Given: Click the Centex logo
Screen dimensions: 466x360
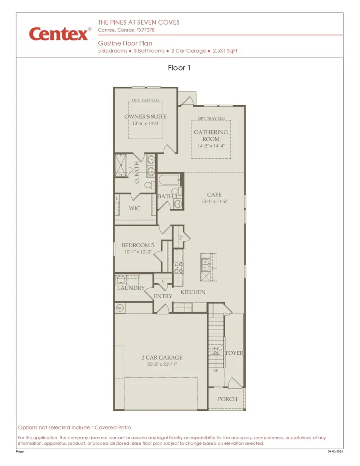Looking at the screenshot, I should (x=59, y=34).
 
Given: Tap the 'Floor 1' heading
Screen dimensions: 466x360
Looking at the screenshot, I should (x=179, y=68).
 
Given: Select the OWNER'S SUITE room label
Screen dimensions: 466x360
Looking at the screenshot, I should (x=145, y=117).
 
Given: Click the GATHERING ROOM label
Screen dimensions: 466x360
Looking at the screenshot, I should (x=211, y=136).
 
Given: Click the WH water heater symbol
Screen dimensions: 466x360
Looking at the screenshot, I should (x=120, y=308).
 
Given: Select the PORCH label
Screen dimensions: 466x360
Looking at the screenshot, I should (x=227, y=399).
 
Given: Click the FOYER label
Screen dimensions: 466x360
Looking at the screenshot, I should (x=234, y=353).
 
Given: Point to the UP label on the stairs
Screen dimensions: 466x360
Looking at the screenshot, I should (x=216, y=370).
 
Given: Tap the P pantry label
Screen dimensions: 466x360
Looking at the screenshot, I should (x=180, y=237).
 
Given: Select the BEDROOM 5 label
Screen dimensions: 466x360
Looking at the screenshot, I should (x=138, y=245).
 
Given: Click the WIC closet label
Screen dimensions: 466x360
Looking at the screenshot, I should (x=134, y=208).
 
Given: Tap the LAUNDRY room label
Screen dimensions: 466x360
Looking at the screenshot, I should (x=130, y=288).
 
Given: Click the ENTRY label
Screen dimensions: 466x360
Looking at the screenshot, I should (x=163, y=296).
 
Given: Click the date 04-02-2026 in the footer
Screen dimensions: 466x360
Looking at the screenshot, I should (x=335, y=452).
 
